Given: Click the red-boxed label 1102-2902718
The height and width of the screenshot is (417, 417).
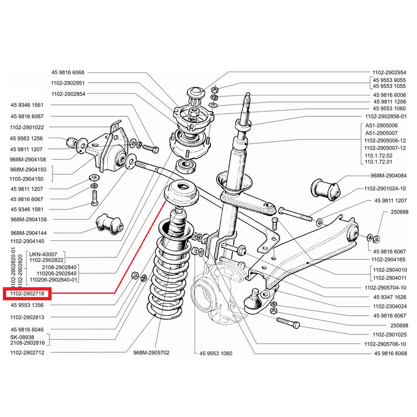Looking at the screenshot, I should [27, 294].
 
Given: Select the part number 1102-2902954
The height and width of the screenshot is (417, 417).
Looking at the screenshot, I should [389, 72].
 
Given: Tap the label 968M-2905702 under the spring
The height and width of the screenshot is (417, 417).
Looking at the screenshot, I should [151, 353].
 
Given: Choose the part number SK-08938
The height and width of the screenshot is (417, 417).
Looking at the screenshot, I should [22, 337].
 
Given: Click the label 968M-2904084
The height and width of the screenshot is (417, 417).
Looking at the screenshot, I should [388, 176].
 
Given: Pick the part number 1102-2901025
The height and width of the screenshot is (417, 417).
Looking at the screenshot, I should [389, 334].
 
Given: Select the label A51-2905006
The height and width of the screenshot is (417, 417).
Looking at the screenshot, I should [381, 125].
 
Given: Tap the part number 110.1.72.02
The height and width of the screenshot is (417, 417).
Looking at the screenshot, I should [378, 155].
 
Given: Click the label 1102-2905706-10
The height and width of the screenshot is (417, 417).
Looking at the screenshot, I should [385, 344].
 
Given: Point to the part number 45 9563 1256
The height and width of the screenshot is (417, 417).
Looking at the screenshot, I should [27, 138].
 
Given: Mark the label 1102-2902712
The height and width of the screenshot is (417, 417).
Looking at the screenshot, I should [27, 353].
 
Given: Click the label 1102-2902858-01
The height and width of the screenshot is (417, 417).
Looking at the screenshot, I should [385, 117].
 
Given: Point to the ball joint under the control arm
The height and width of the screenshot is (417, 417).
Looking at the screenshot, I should [253, 302].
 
